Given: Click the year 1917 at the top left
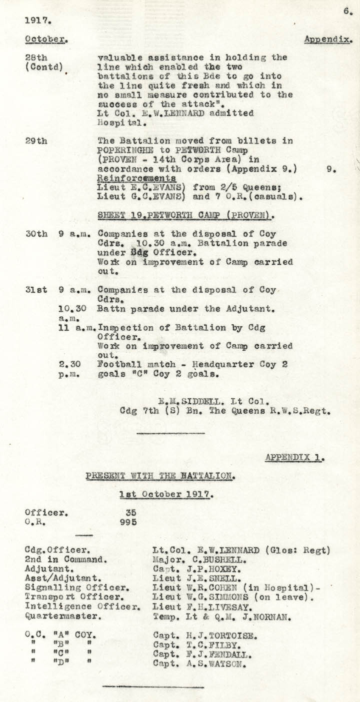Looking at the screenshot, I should [x=37, y=21].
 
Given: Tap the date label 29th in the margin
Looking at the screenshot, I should [x=36, y=141].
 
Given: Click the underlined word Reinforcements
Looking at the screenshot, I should [x=136, y=178].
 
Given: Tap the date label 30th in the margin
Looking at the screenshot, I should [x=36, y=233].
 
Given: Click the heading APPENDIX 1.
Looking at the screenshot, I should [x=294, y=457].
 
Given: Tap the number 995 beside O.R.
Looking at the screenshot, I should [x=128, y=522].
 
